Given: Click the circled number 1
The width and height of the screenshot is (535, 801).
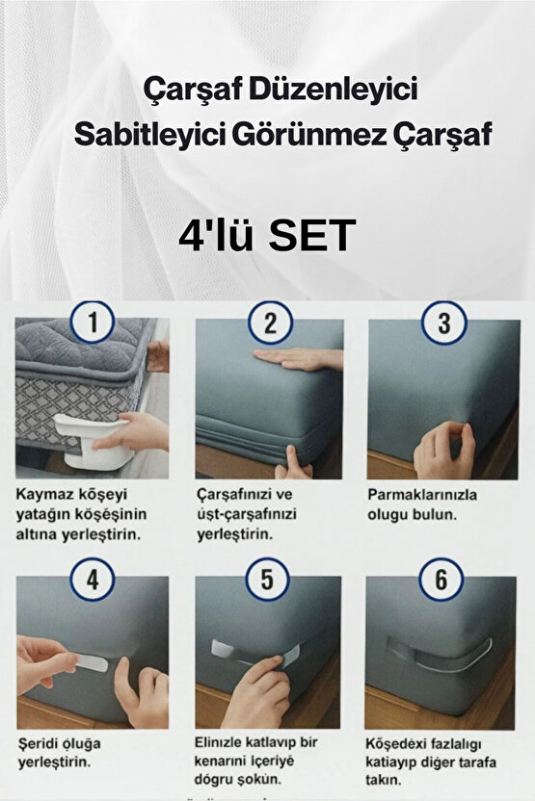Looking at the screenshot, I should pyautogui.click(x=93, y=324).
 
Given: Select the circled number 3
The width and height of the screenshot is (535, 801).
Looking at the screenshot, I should pyautogui.click(x=442, y=324).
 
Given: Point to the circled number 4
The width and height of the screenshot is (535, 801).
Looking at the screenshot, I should pyautogui.click(x=93, y=580).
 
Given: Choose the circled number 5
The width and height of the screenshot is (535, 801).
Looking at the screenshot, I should pyautogui.click(x=269, y=580).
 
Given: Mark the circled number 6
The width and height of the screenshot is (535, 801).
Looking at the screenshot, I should pyautogui.click(x=442, y=580).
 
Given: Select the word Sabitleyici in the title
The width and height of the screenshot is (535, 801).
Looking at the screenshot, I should pyautogui.click(x=143, y=137).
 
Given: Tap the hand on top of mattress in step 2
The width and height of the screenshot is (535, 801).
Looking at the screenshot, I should pyautogui.click(x=302, y=359).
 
